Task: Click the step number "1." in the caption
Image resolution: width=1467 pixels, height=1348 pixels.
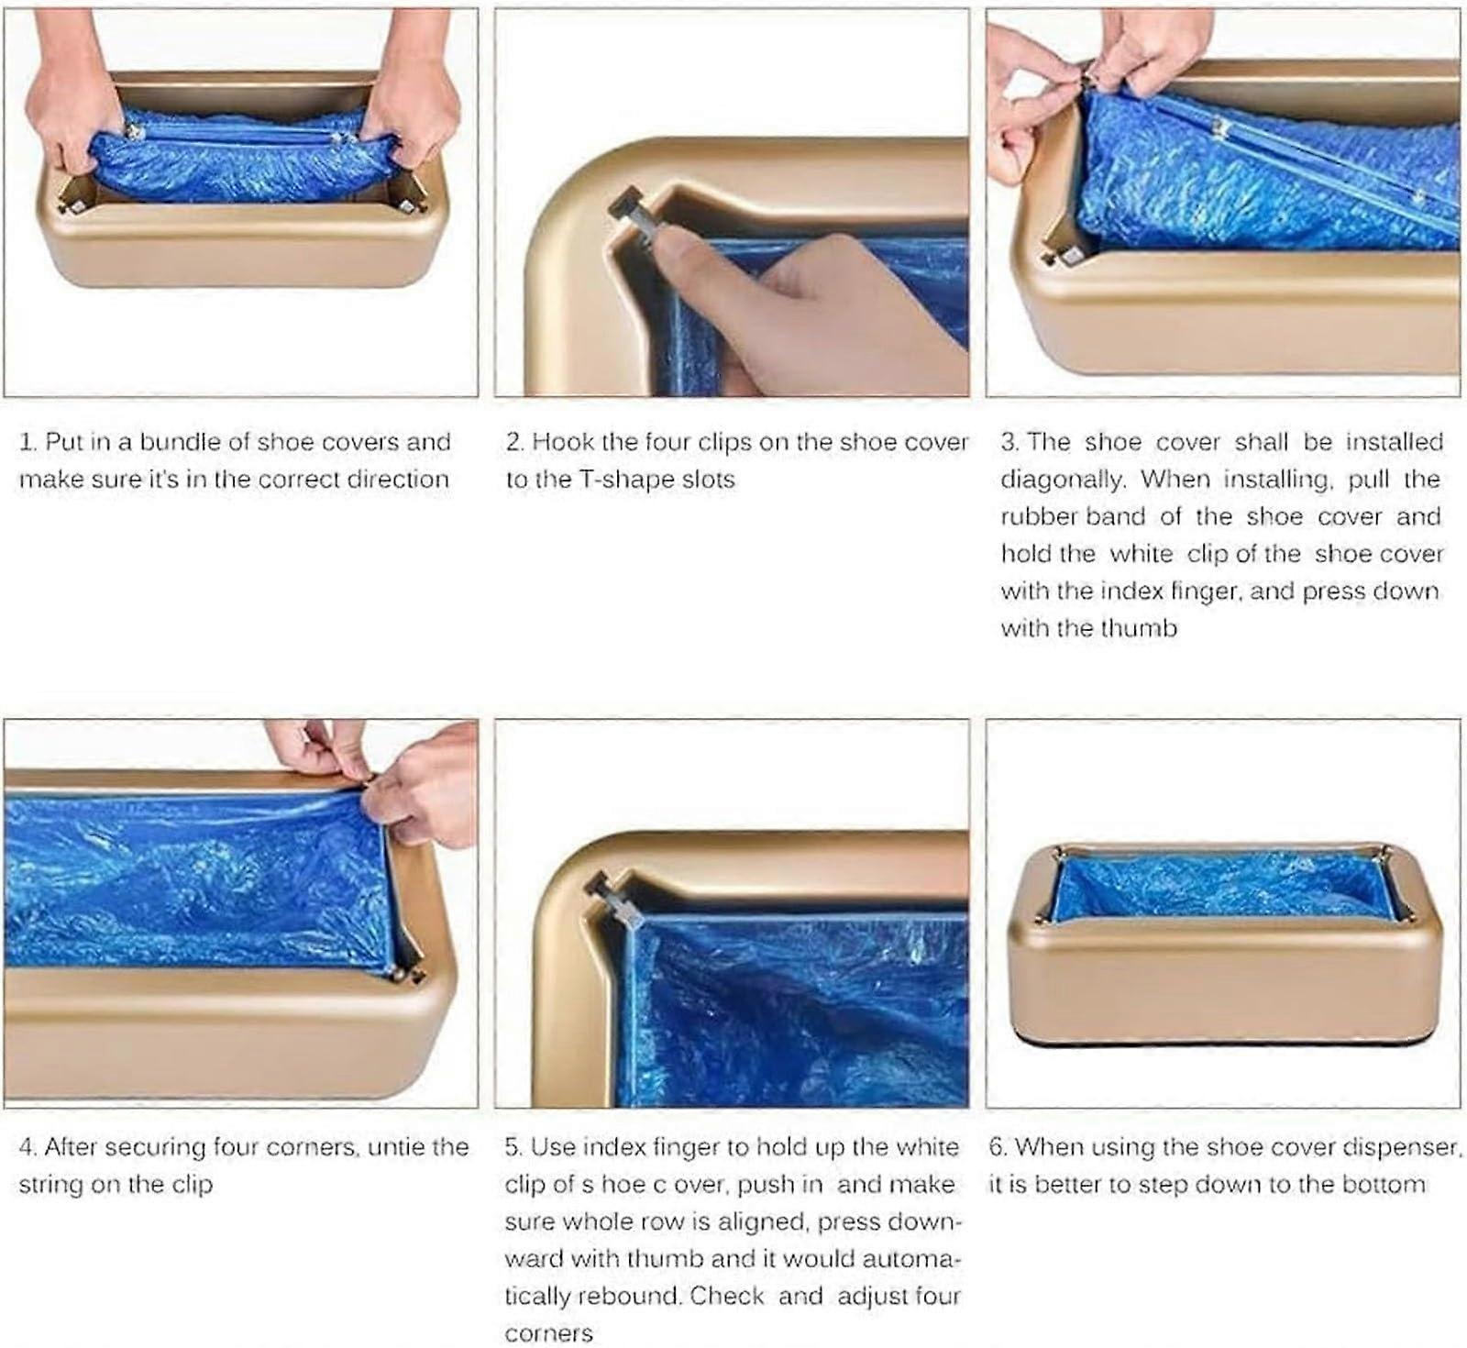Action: pos(28,442)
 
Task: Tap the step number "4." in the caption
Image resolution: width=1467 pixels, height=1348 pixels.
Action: pos(28,1147)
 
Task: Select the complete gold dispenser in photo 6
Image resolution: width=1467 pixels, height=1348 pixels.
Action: pos(1225,945)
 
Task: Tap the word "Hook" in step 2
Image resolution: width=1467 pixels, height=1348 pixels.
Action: pos(561,442)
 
